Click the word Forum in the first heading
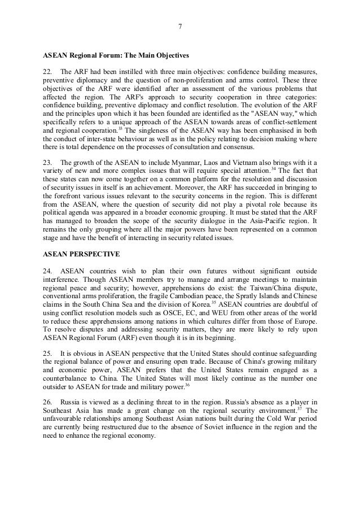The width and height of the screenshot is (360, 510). tap(111, 56)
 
